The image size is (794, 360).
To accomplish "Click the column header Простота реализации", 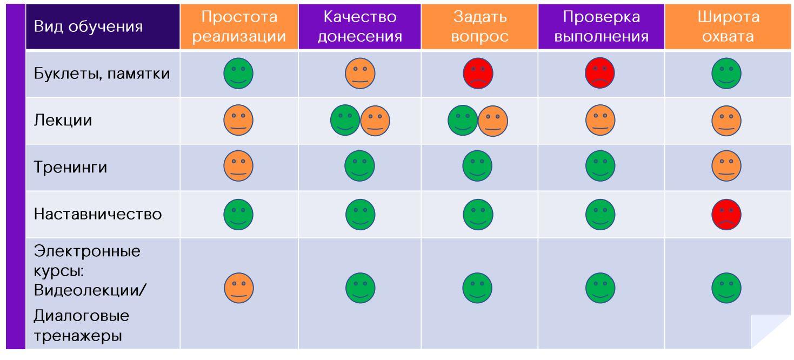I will (239, 26).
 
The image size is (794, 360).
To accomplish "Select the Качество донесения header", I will (359, 26).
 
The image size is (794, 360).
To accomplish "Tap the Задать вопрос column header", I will (480, 26).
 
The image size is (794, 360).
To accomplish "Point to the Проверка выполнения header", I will (601, 26).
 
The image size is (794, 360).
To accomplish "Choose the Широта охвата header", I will (728, 26).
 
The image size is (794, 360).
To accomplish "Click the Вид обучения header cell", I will (88, 26).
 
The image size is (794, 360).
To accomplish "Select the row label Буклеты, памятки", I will (102, 74).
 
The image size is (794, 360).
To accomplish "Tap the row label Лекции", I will (63, 121).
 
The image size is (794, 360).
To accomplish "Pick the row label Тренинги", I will (70, 168).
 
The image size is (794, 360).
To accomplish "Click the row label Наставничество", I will (98, 215).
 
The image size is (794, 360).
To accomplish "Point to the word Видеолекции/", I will (90, 290).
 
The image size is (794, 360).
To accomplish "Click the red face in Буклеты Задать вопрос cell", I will (478, 74).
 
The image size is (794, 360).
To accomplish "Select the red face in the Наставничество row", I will (726, 215).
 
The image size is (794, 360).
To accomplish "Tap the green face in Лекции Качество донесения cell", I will (345, 121).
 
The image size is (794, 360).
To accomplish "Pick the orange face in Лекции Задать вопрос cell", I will (493, 121).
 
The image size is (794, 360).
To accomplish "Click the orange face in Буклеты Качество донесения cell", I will (360, 74).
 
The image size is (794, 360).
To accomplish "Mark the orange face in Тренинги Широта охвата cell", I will (726, 168).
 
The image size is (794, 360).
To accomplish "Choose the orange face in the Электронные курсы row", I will (238, 288).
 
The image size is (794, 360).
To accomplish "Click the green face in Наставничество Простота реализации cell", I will (238, 215).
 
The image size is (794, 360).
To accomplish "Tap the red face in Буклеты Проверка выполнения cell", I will (600, 74).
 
